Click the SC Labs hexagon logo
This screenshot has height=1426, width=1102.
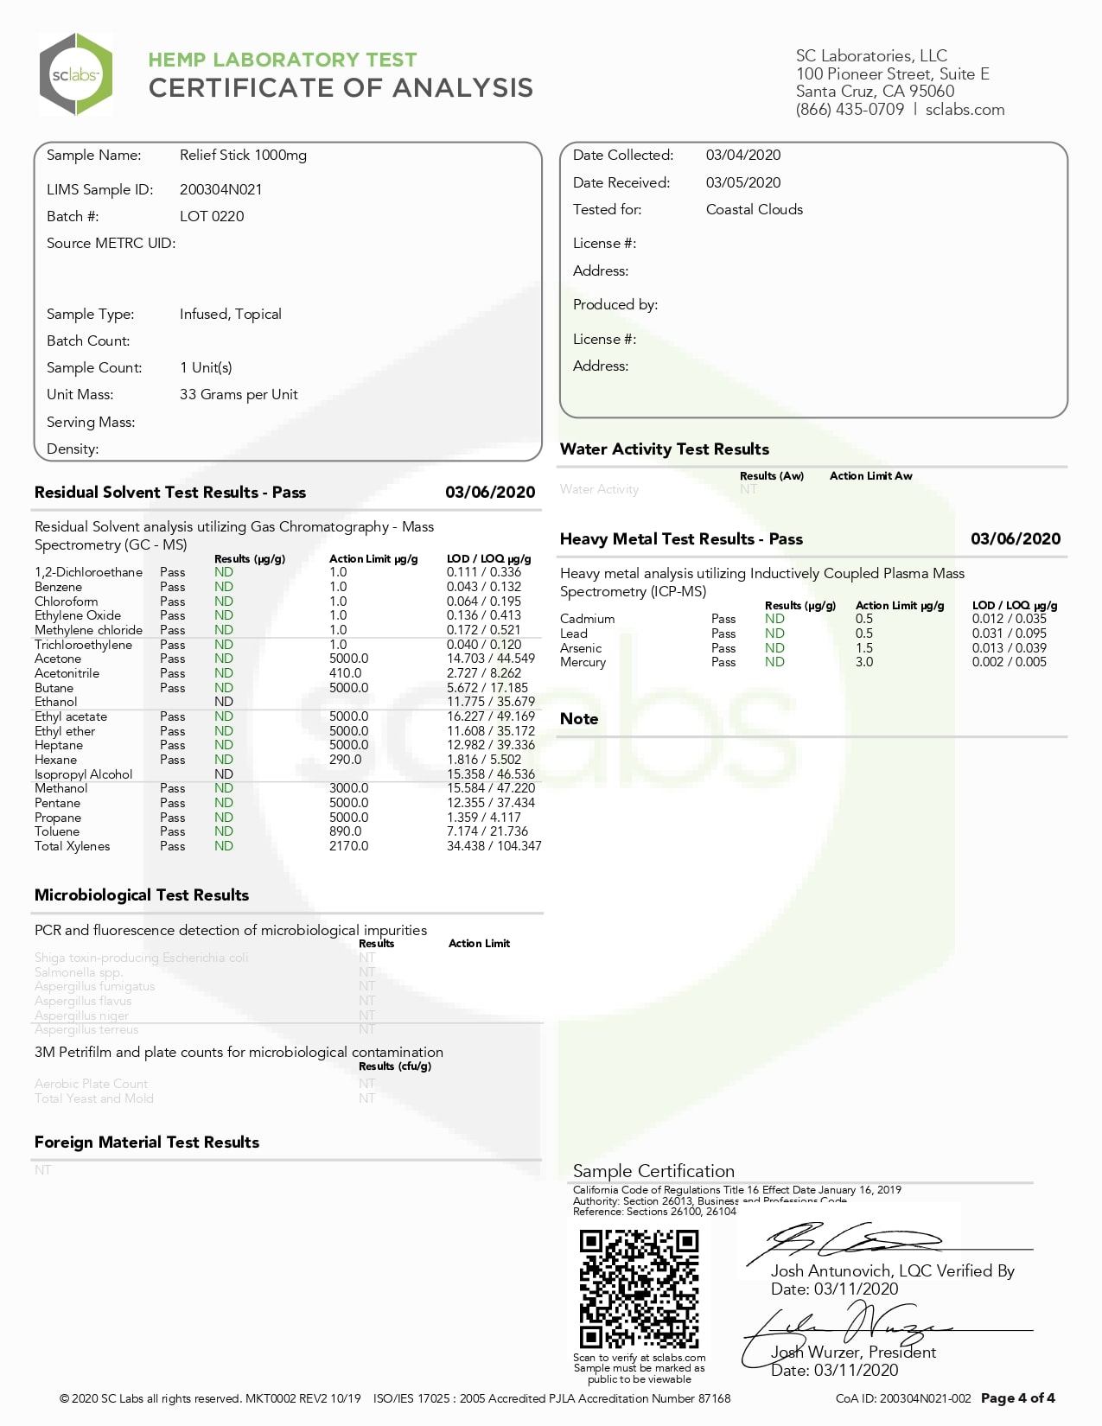[x=76, y=74]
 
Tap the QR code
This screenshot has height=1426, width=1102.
[x=639, y=1289]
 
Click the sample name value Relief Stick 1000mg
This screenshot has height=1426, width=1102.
[x=243, y=156]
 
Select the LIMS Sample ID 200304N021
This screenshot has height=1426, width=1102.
[x=220, y=189]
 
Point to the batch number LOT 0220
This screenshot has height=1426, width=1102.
[x=212, y=216]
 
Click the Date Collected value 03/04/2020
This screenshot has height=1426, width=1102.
[x=742, y=156]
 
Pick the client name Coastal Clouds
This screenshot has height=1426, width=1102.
[x=754, y=209]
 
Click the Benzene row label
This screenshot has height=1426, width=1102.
[x=58, y=587]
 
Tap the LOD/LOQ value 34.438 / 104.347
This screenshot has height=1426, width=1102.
[x=494, y=846]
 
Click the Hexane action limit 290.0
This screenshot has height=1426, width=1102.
[x=345, y=760]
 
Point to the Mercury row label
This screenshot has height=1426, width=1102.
[x=583, y=662]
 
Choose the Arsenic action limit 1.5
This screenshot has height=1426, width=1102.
[x=863, y=648]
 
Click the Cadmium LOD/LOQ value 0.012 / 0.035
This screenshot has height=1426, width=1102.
[x=1009, y=619]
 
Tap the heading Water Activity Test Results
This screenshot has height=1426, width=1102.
[x=664, y=449]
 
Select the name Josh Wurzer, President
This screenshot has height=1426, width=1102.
[x=853, y=1353]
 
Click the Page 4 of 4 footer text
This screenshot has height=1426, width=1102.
[x=1017, y=1398]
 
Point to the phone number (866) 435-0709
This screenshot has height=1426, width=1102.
[x=850, y=110]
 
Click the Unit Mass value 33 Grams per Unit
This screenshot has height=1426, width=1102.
[x=239, y=395]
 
